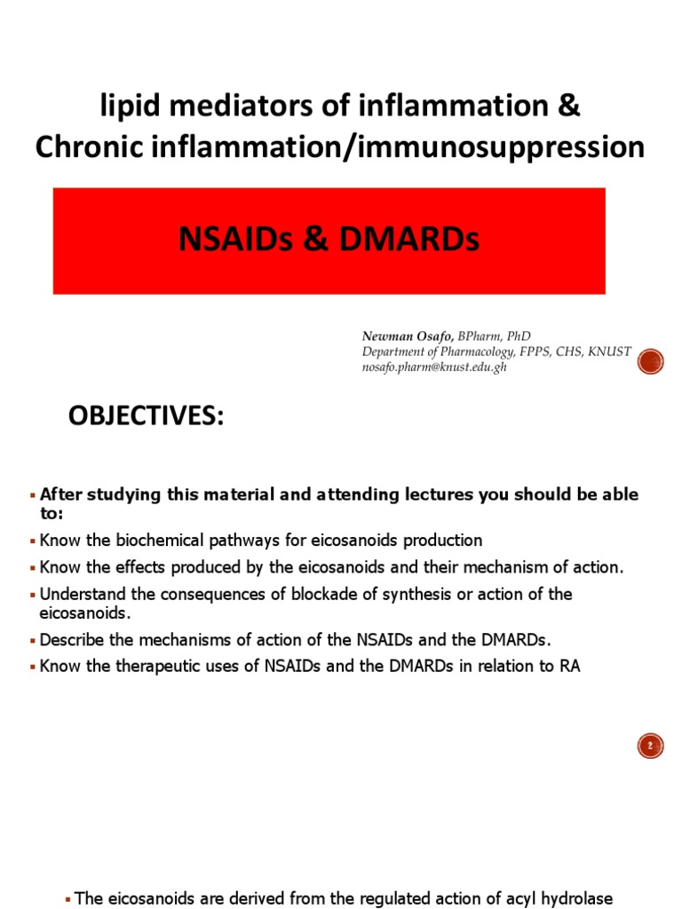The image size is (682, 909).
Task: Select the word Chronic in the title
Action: (86, 147)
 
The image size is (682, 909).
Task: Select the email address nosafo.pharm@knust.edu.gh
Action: (433, 367)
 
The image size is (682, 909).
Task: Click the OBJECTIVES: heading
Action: (147, 417)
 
